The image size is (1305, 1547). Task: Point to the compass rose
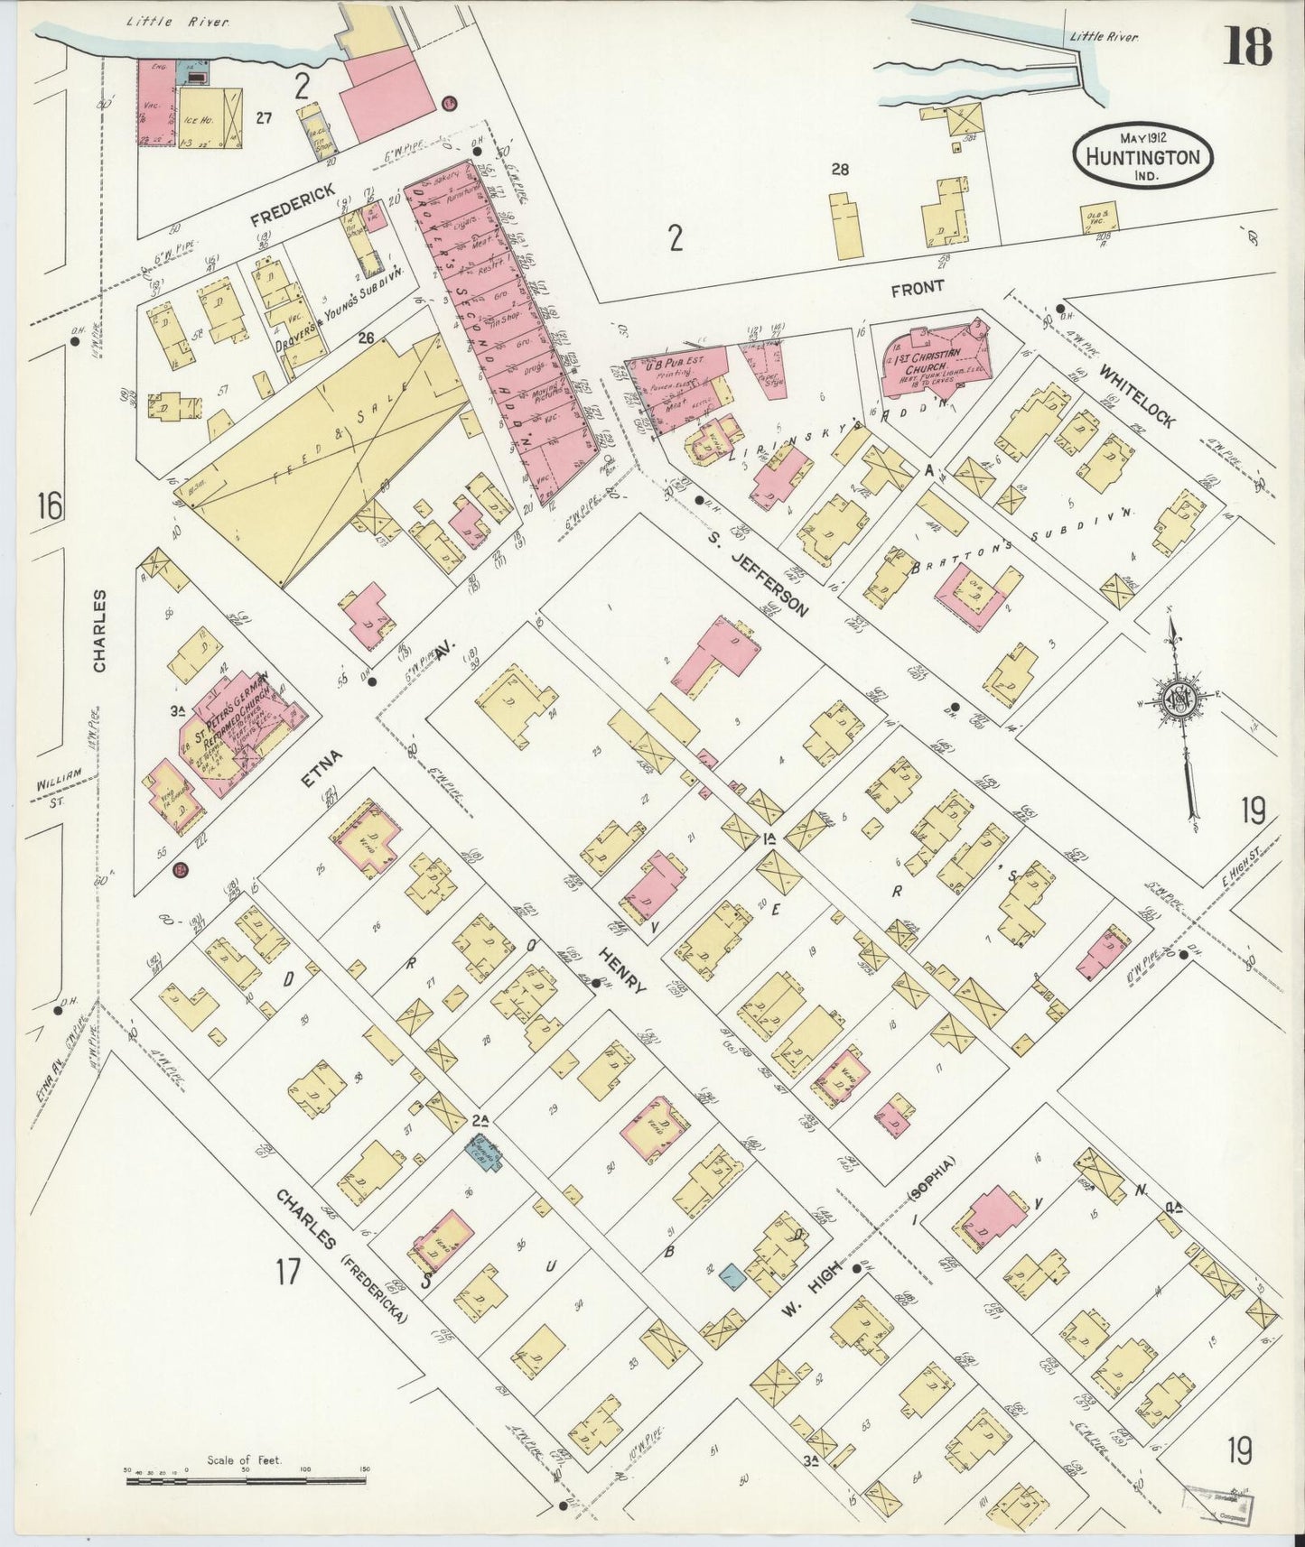(1179, 699)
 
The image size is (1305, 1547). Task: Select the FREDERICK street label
(292, 205)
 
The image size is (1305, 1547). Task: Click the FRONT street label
(917, 288)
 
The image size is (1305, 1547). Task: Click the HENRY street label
(623, 972)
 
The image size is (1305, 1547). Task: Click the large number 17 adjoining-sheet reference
(287, 1273)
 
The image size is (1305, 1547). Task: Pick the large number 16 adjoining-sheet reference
(50, 506)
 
